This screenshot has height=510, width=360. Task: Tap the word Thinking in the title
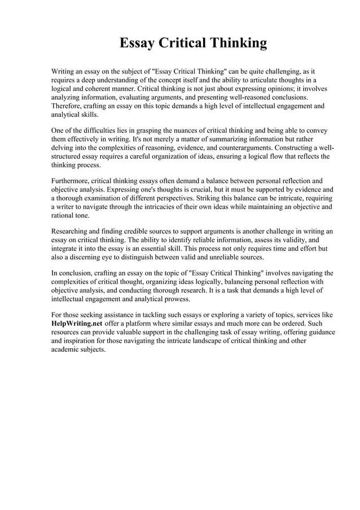point(238,43)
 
